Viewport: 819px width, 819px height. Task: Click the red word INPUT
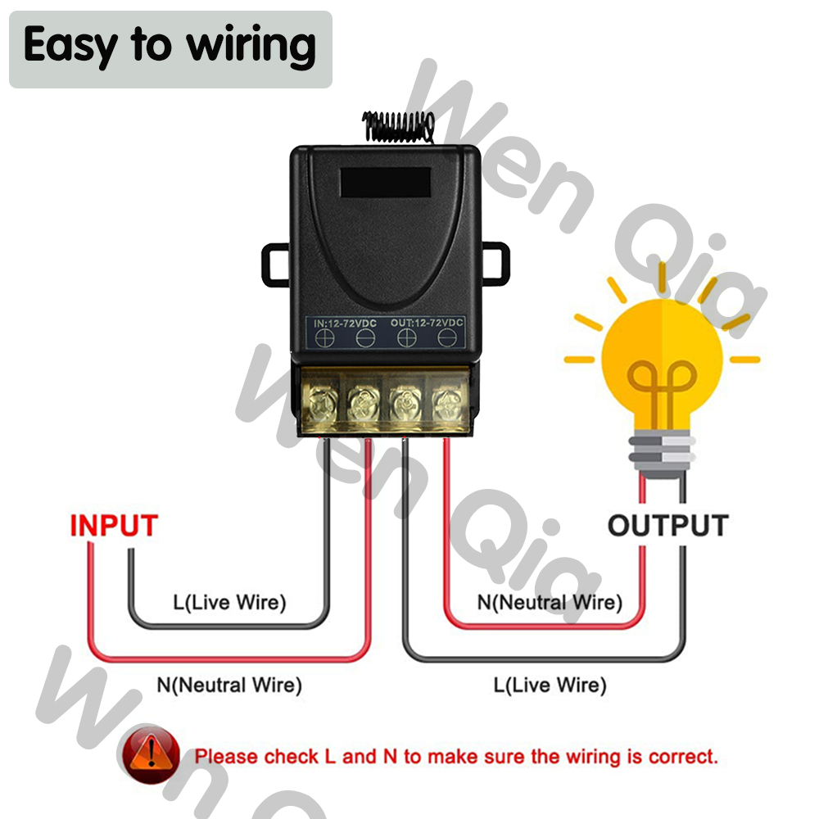[x=113, y=525]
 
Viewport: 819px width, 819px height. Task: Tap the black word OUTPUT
[x=667, y=525]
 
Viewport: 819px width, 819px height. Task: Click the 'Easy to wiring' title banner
[x=170, y=48]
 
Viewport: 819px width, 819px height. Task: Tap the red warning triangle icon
[x=150, y=755]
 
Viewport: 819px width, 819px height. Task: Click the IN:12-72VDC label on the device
[x=345, y=324]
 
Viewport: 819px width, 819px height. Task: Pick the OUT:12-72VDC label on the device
[x=427, y=324]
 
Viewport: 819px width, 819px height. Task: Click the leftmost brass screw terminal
[x=322, y=404]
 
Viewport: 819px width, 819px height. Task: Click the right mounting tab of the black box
[x=494, y=264]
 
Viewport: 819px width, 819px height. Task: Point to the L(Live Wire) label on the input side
[x=229, y=604]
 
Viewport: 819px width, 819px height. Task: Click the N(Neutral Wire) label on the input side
[x=229, y=684]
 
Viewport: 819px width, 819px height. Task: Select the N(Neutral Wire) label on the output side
[x=550, y=603]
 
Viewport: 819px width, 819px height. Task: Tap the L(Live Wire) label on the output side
[x=550, y=684]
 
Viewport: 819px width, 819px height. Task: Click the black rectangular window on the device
[x=385, y=183]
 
